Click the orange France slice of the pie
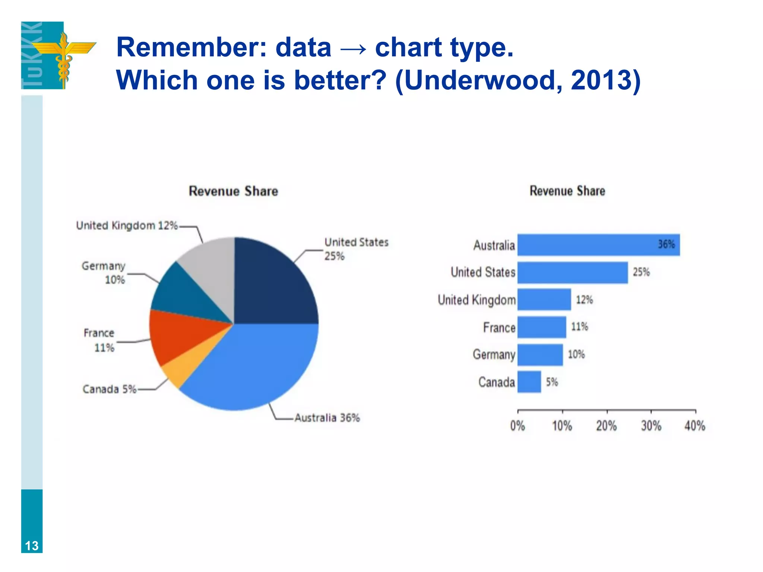[x=179, y=335]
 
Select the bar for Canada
[x=529, y=382]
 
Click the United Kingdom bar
[x=544, y=299]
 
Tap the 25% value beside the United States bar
[x=641, y=272]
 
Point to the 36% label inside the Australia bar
[x=666, y=244]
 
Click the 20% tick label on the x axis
[x=607, y=426]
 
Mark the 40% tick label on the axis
[x=695, y=426]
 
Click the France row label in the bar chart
[x=499, y=328]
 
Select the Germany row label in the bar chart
[x=494, y=355]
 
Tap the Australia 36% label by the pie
[x=327, y=418]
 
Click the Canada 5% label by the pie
[x=110, y=389]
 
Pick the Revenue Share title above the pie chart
[x=233, y=191]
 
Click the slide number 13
[x=32, y=546]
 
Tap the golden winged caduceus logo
[x=64, y=56]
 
